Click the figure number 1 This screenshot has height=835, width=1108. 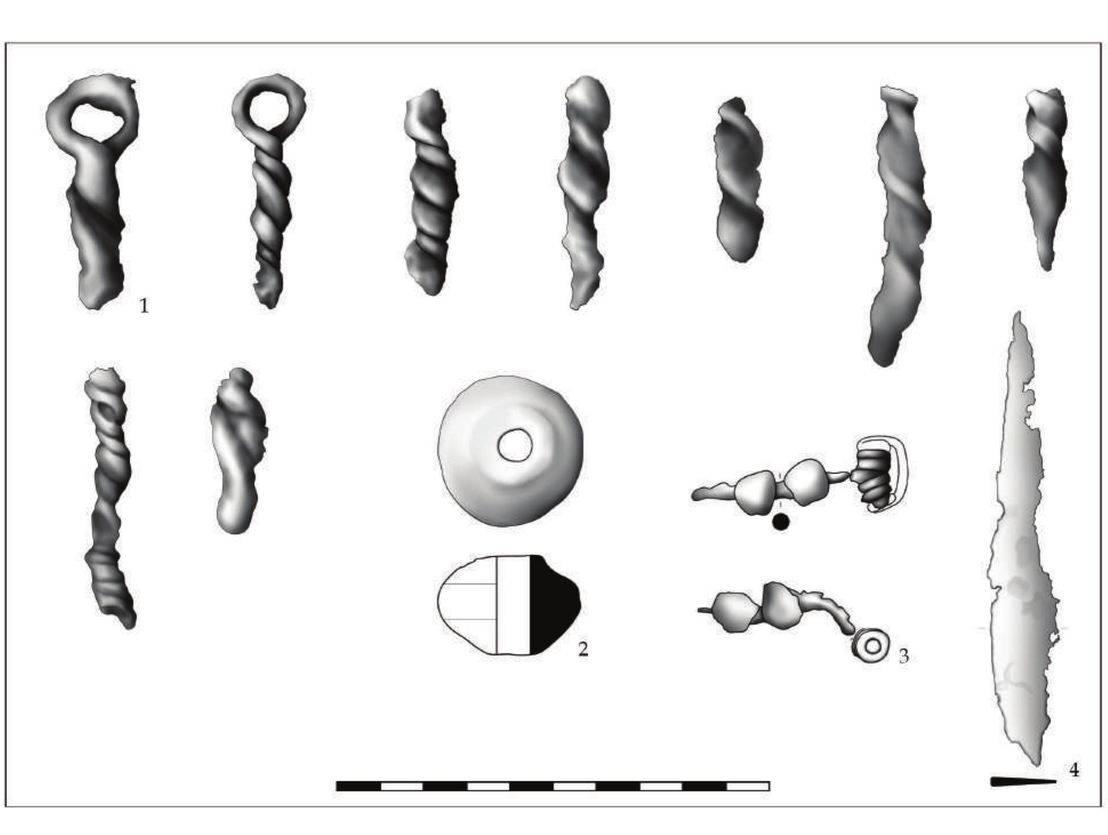click(x=144, y=306)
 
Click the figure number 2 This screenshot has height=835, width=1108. click(x=583, y=649)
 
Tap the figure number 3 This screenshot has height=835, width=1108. click(x=904, y=656)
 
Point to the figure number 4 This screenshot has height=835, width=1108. click(x=1074, y=770)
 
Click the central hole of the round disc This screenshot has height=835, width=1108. click(x=515, y=444)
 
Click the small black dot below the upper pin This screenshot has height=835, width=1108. click(x=780, y=521)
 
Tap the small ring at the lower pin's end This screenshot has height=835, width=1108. click(x=872, y=647)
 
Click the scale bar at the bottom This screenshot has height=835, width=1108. click(x=553, y=786)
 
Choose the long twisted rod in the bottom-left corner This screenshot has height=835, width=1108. click(x=110, y=497)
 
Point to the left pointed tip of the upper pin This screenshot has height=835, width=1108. click(x=693, y=495)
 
